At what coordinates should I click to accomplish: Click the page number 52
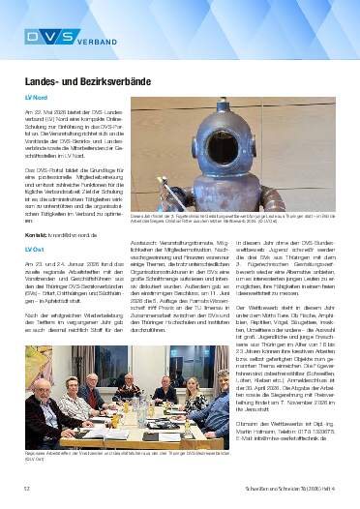pos(26,493)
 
